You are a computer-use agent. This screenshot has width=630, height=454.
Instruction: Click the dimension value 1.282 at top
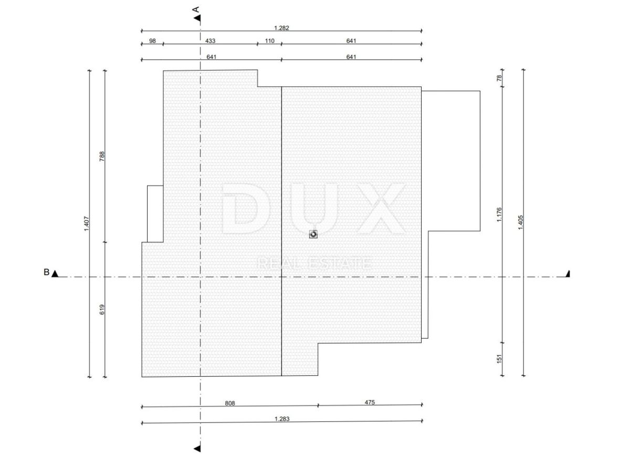tap(281, 28)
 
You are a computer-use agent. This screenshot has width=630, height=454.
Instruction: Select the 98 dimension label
tap(152, 41)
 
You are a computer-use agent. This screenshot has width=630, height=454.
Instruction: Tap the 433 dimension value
tap(210, 41)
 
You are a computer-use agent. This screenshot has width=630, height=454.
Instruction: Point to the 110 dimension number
tap(269, 41)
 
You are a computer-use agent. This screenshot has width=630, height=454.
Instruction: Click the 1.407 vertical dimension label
tap(87, 224)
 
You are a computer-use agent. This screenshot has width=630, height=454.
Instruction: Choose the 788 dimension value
tap(102, 156)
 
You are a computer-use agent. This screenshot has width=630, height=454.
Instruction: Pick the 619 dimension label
tap(102, 309)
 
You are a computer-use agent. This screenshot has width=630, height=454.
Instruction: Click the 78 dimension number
tap(499, 78)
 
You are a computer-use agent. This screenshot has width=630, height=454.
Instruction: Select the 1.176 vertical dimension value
tap(499, 215)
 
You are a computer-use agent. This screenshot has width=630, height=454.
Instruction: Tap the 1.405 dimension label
tap(520, 223)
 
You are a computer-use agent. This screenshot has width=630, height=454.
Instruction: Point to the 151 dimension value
tap(499, 358)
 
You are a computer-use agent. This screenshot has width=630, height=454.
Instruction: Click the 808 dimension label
tap(230, 403)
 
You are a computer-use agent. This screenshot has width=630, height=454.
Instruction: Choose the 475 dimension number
tap(370, 402)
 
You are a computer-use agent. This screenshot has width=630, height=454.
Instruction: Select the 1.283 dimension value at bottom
tap(282, 419)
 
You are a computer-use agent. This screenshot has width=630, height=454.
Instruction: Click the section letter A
tap(196, 9)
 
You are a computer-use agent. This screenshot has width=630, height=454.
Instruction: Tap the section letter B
tap(46, 272)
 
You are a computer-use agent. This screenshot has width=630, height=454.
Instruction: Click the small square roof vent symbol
tap(313, 234)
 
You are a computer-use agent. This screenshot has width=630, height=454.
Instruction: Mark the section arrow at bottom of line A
tap(198, 448)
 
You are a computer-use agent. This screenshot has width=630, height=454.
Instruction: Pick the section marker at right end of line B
tap(568, 274)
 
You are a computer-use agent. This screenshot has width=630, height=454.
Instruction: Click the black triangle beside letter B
tap(55, 274)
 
